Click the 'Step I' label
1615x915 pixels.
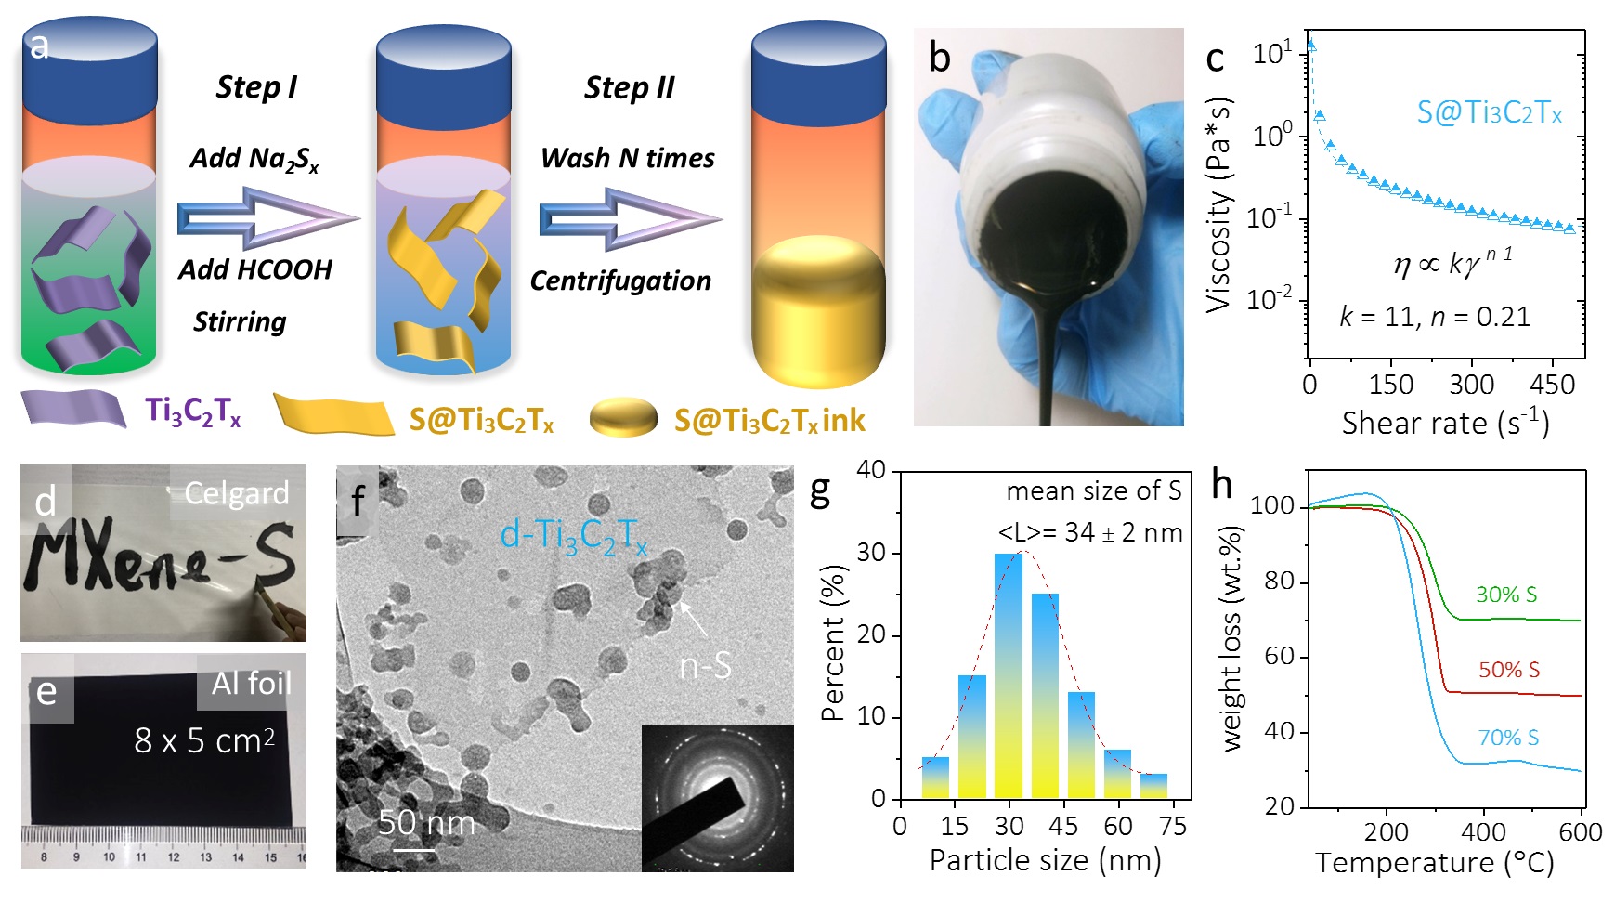pyautogui.click(x=256, y=87)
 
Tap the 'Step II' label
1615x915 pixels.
pyautogui.click(x=629, y=87)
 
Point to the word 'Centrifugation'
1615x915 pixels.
pyautogui.click(x=620, y=281)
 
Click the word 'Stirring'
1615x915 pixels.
pyautogui.click(x=240, y=321)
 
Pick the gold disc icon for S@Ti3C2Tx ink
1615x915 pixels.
pyautogui.click(x=623, y=418)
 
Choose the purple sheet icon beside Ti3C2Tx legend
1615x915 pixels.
pyautogui.click(x=74, y=410)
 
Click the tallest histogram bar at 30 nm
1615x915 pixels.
pyautogui.click(x=1009, y=675)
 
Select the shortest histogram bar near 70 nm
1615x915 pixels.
pyautogui.click(x=1154, y=786)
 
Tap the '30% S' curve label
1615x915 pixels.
pyautogui.click(x=1506, y=595)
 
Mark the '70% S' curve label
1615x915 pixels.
pyautogui.click(x=1508, y=738)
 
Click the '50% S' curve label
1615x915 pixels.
pyautogui.click(x=1509, y=670)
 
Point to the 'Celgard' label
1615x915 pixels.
pyautogui.click(x=236, y=493)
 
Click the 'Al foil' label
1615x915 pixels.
pyautogui.click(x=251, y=684)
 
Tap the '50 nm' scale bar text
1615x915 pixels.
pyautogui.click(x=426, y=823)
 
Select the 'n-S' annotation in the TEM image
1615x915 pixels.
pyautogui.click(x=705, y=666)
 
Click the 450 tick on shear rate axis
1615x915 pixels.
pyautogui.click(x=1552, y=385)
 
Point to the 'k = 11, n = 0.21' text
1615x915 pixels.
pyautogui.click(x=1434, y=317)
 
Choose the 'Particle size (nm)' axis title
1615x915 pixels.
pyautogui.click(x=1045, y=860)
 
